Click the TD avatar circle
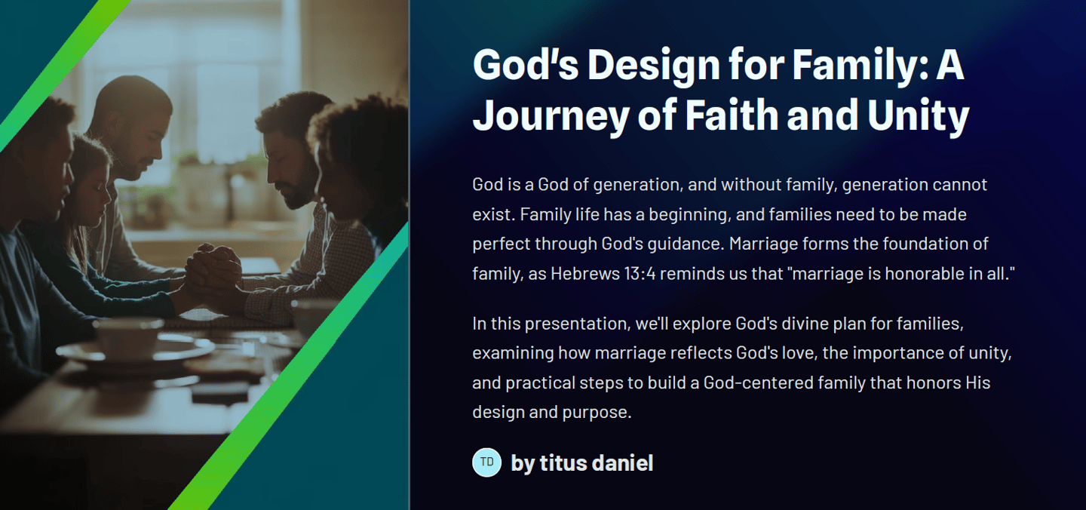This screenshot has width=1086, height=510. click(x=486, y=462)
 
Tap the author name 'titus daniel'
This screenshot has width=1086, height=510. click(x=597, y=462)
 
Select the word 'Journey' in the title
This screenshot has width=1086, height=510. click(x=551, y=116)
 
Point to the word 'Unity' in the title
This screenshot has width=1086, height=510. click(x=919, y=116)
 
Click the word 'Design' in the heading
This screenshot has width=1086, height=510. click(x=654, y=66)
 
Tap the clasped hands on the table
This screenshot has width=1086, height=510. click(x=213, y=271)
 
